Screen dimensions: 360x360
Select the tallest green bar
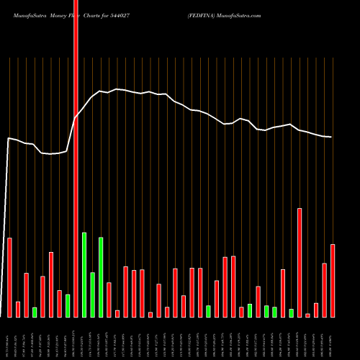pos(84,274)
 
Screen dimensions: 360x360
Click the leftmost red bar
pos(9,277)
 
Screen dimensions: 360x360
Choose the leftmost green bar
pos(35,312)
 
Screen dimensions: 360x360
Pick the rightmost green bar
pos(312,312)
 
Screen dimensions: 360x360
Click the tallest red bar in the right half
pos(300,262)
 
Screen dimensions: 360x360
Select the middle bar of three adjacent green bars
pos(93,294)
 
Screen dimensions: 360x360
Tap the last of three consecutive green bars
pos(101,277)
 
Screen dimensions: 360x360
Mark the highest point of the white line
pos(117,89)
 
